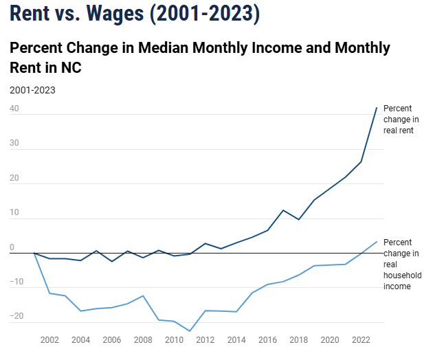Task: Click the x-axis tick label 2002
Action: point(49,339)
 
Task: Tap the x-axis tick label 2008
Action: point(143,339)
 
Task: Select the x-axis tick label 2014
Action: point(236,339)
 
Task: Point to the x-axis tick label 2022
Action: point(361,339)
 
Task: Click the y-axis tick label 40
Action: point(14,109)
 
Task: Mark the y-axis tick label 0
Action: point(12,247)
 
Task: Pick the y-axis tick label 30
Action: point(14,144)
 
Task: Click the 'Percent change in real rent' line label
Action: point(399,119)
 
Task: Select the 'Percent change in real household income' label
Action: point(401,264)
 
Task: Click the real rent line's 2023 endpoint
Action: point(377,108)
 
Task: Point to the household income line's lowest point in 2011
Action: point(190,331)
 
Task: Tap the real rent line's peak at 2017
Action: point(283,210)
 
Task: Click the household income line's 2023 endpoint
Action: point(377,241)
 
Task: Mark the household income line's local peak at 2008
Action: point(143,295)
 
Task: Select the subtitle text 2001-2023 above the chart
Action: point(32,90)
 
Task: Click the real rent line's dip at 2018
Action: point(298,219)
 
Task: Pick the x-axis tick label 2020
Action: point(330,339)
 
